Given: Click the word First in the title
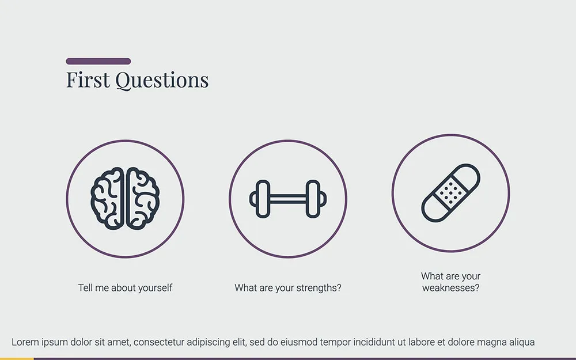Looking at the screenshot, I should click(x=88, y=80).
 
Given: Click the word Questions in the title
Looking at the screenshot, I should click(x=162, y=81).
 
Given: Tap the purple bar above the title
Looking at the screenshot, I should click(x=98, y=61).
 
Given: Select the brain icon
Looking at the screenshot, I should click(x=125, y=199).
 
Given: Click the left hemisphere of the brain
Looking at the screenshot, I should click(x=108, y=199).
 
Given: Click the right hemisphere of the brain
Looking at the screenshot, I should click(x=142, y=199).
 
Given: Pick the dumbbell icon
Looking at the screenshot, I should click(x=288, y=199).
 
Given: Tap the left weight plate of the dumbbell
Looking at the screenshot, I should click(x=263, y=199).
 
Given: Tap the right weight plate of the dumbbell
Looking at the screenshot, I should click(x=313, y=199).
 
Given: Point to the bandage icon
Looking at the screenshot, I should click(x=450, y=193).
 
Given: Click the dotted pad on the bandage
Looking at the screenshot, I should click(x=451, y=192).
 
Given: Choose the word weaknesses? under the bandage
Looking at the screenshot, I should click(x=450, y=287).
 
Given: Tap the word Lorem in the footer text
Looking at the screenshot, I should click(x=25, y=342).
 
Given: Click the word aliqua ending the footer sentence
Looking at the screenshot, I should click(x=520, y=342).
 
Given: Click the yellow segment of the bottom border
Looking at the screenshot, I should click(x=17, y=358).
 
